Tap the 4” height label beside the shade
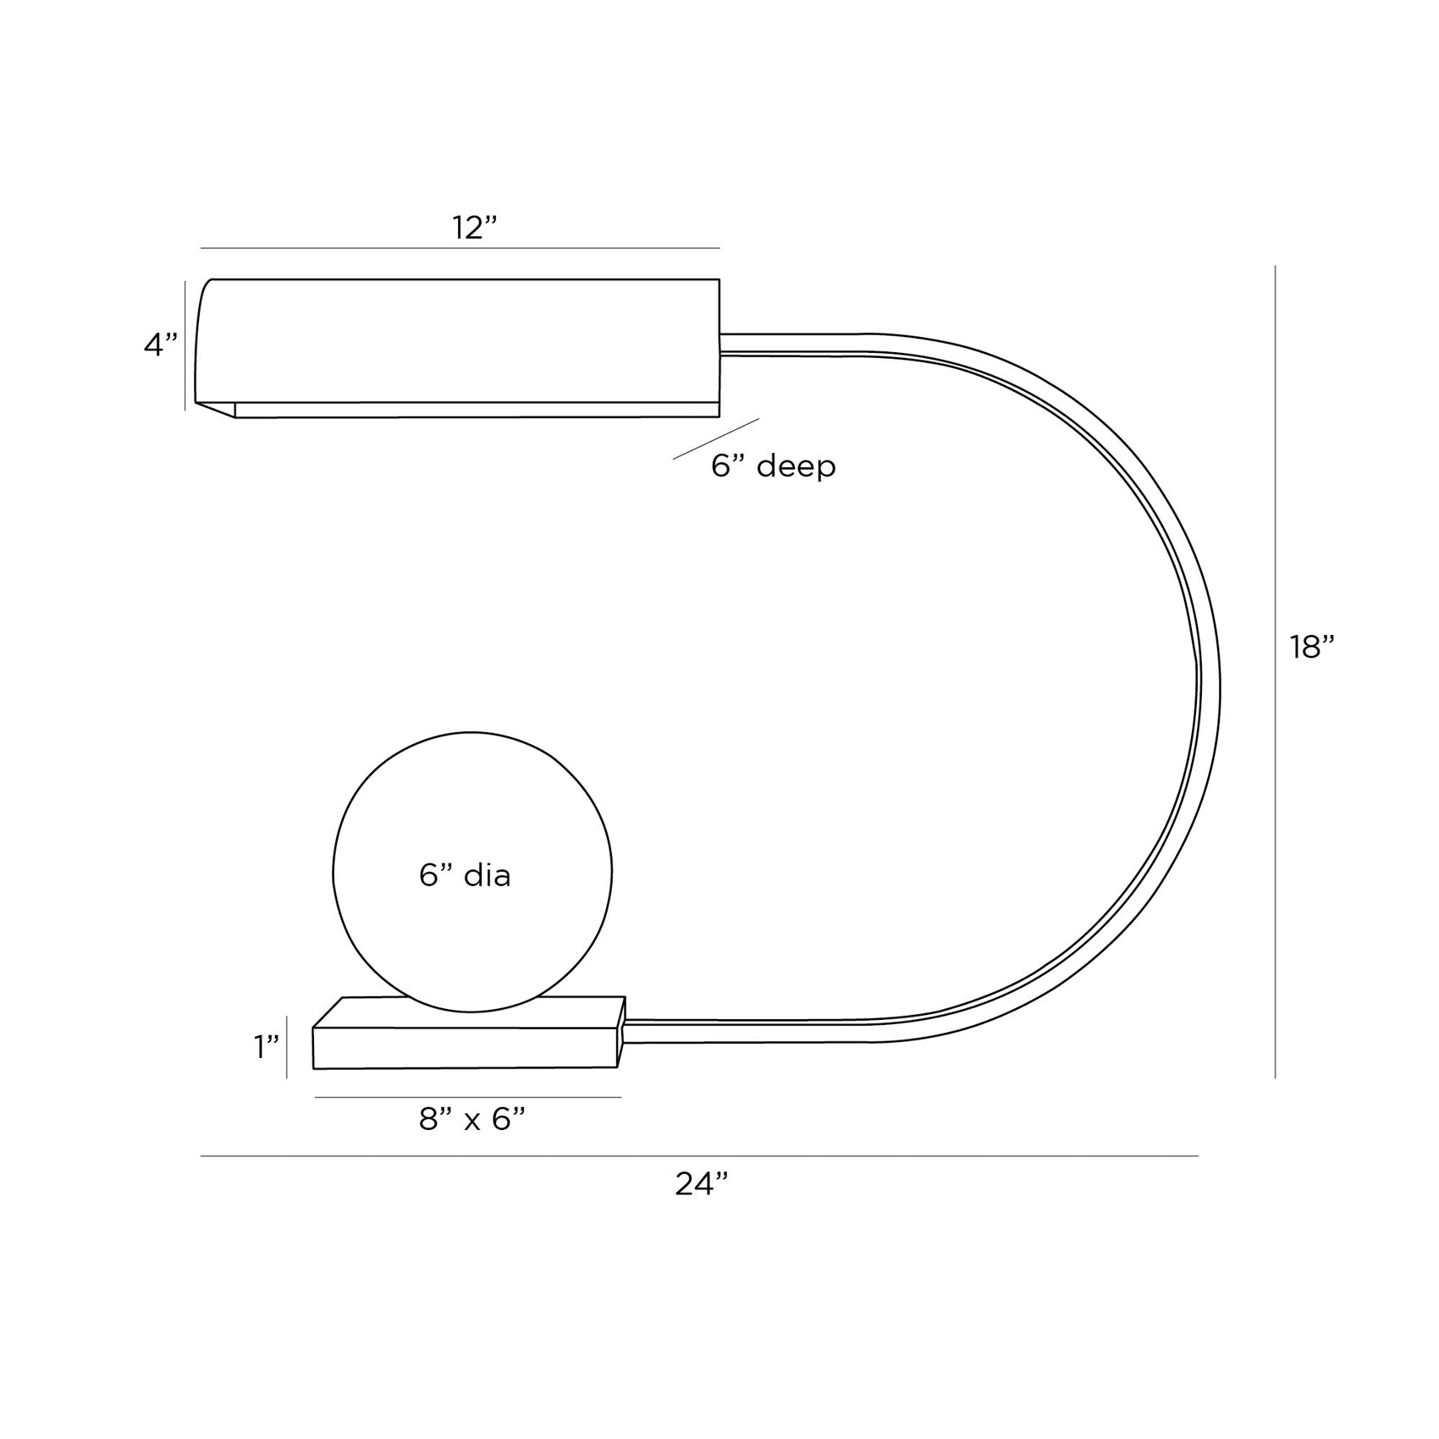[161, 345]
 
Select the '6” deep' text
[773, 466]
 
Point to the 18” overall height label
[1311, 648]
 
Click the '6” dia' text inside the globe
[465, 875]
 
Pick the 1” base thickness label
[267, 1047]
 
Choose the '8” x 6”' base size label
[472, 1120]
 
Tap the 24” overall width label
[701, 1184]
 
